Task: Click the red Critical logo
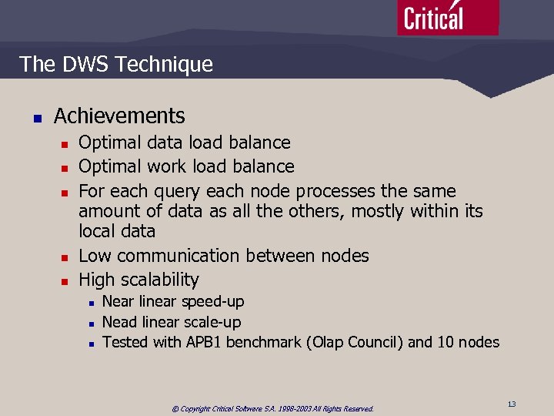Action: [x=447, y=17]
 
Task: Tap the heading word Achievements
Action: [x=119, y=116]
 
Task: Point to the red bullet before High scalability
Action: [x=65, y=281]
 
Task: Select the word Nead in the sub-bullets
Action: [x=118, y=322]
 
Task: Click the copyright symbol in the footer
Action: [x=175, y=409]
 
